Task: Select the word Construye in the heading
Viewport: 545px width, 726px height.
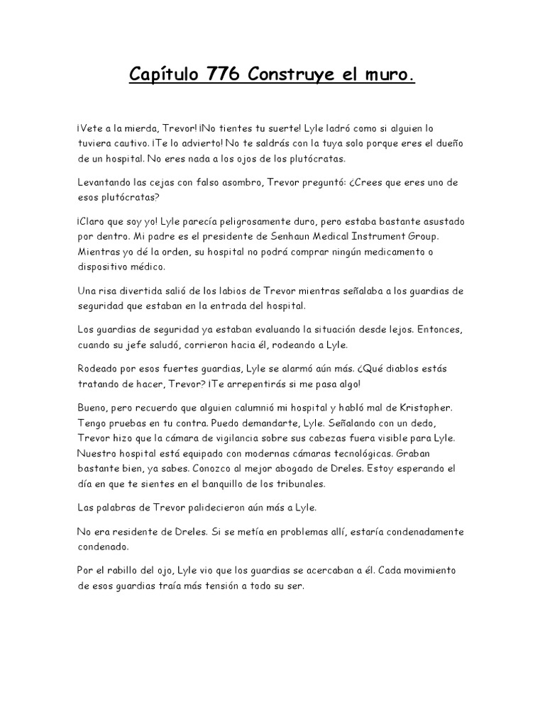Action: (299, 74)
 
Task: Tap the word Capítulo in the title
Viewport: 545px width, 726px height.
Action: (160, 74)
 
